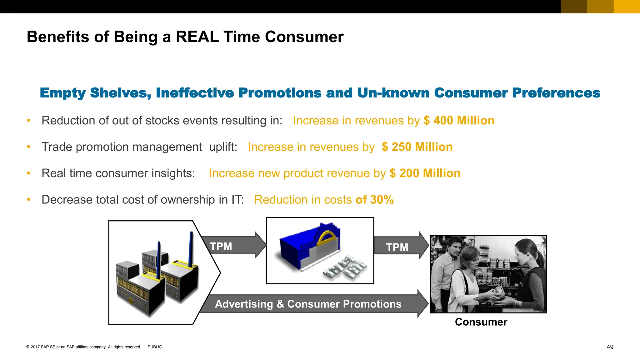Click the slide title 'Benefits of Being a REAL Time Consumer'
coord(185,37)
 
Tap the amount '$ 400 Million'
coord(459,121)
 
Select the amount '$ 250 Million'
coord(417,147)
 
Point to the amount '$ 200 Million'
coord(425,173)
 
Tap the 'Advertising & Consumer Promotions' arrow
coord(308,304)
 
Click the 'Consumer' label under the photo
coord(481,322)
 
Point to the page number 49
coord(610,347)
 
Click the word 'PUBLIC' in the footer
coord(155,347)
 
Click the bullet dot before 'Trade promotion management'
coord(28,147)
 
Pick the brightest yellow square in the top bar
coord(627,7)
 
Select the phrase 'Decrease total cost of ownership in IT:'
coord(142,200)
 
